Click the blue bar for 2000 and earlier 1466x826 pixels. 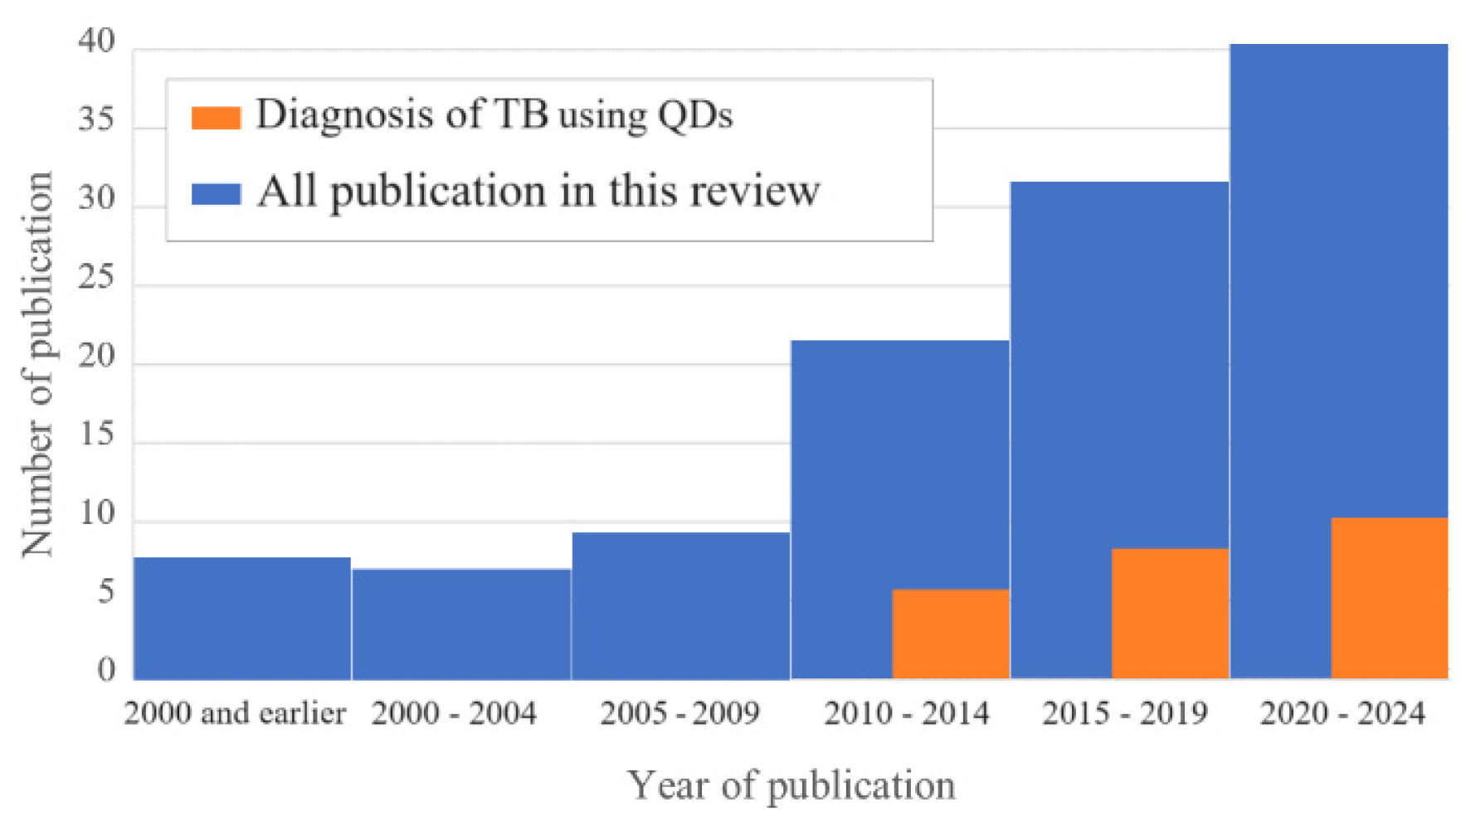[241, 618]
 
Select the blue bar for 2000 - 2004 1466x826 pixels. [461, 624]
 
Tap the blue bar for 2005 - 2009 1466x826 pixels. [680, 605]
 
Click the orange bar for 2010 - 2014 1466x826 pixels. [950, 634]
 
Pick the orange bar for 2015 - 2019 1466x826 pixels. [1169, 614]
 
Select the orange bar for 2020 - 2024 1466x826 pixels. [1389, 598]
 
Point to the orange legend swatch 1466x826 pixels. [216, 117]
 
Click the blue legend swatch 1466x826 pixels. [216, 194]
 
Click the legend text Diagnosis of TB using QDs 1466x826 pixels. [494, 114]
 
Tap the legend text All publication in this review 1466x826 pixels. [538, 192]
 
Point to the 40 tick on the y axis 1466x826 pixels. [96, 41]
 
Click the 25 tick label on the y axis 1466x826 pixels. [96, 278]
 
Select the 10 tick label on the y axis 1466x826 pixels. [96, 514]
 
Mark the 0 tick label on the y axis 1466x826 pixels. [106, 670]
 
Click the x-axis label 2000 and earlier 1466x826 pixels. [235, 713]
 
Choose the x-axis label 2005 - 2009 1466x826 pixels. [679, 713]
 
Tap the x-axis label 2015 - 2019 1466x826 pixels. [1124, 713]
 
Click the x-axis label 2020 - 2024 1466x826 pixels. [1342, 713]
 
